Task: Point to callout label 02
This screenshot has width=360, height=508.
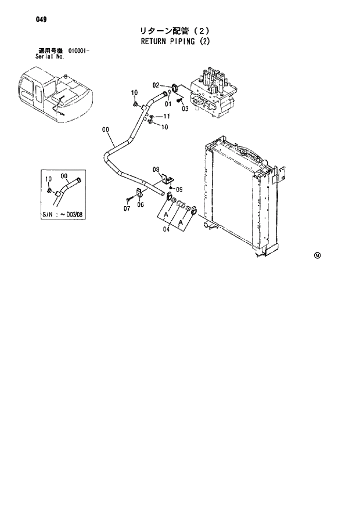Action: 156,85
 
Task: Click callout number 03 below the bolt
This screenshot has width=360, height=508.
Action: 185,108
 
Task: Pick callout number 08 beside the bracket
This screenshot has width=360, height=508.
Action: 156,170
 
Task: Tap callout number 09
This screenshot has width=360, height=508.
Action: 179,189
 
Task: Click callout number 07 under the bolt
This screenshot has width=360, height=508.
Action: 127,207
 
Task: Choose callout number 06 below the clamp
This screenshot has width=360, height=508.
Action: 141,204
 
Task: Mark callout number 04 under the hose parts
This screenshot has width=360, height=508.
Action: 167,229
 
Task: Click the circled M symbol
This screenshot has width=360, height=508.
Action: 317,255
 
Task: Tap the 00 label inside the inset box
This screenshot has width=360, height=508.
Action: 63,176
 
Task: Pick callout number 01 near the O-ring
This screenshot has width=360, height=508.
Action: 167,104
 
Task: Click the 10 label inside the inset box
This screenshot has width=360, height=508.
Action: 48,178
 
